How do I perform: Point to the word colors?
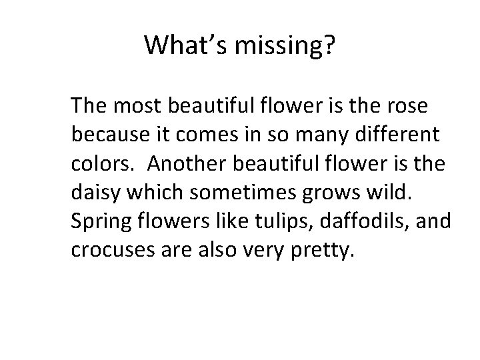[100, 163]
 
